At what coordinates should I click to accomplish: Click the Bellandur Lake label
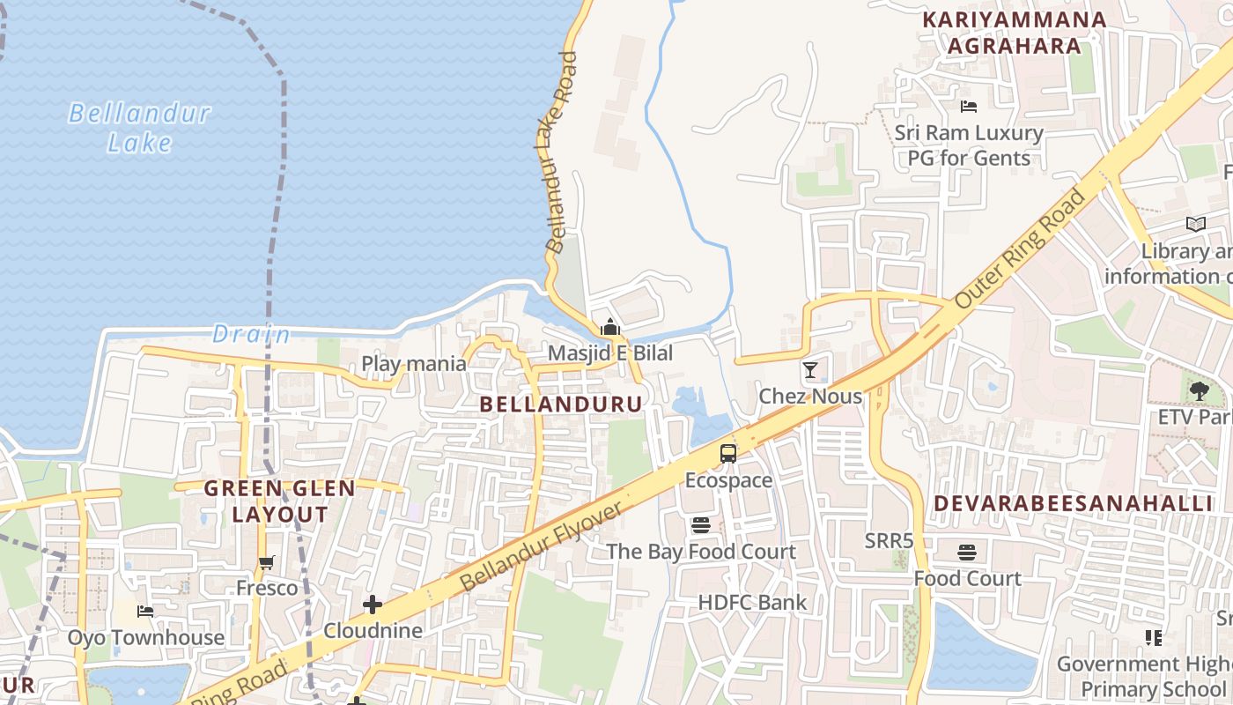(x=139, y=128)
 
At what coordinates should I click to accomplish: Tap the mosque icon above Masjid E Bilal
(x=609, y=328)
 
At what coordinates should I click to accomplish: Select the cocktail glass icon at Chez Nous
(x=810, y=370)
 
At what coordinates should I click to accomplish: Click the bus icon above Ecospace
(x=728, y=454)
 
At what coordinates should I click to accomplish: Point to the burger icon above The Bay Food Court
(x=701, y=526)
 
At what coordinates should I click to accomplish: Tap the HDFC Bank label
(x=752, y=603)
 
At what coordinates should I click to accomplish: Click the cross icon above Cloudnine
(x=373, y=605)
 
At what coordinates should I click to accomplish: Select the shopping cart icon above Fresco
(x=267, y=562)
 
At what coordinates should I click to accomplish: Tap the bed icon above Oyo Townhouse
(x=146, y=611)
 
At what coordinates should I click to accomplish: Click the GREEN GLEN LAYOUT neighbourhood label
(x=280, y=501)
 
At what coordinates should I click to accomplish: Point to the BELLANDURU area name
(x=561, y=404)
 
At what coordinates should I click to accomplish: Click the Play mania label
(x=414, y=363)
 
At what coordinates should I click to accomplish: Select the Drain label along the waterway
(x=251, y=335)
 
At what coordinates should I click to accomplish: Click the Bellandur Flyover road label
(x=542, y=546)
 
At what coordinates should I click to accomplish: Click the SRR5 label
(x=889, y=540)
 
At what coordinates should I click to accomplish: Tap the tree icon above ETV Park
(x=1198, y=390)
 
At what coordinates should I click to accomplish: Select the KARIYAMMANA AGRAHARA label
(x=1014, y=33)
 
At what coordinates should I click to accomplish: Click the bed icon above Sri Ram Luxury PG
(x=968, y=107)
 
